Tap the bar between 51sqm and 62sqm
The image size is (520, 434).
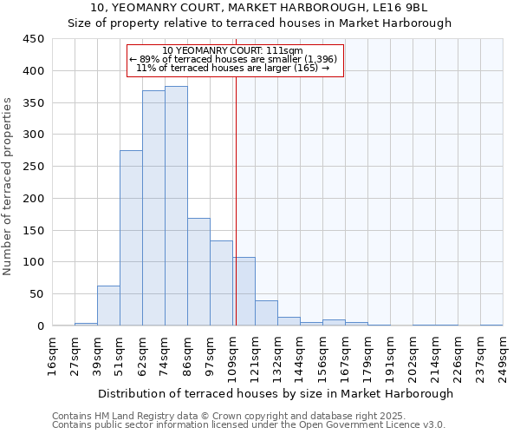131,239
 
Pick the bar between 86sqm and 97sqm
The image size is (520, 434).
198,272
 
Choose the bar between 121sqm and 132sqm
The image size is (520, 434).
266,313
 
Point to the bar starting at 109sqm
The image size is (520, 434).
244,292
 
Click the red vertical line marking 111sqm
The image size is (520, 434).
236,200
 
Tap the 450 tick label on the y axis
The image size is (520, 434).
33,39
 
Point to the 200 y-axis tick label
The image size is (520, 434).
33,199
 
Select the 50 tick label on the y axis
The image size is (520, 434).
36,294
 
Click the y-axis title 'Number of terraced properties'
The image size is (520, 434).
8,186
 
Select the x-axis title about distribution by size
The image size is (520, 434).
275,393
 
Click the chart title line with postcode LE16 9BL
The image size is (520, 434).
260,8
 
